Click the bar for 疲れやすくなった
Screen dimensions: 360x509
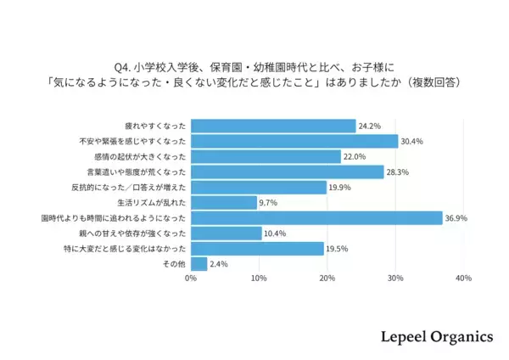coord(273,126)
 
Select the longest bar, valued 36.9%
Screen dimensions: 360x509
coord(316,218)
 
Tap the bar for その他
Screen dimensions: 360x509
coord(199,264)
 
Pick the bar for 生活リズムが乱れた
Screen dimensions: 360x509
coord(223,203)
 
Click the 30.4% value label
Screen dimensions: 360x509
coord(412,142)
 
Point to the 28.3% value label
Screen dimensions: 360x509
coord(398,172)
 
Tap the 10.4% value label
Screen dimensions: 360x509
coord(276,233)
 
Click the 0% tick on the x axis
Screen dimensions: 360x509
coord(191,278)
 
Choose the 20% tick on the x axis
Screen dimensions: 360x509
coord(327,278)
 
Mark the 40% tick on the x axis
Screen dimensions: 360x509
coord(463,278)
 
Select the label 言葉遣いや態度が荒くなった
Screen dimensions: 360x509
coord(134,172)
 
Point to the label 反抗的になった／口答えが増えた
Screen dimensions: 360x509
coord(130,188)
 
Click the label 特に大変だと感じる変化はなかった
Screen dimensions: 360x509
coord(126,249)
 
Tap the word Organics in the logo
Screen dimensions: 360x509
coord(450,336)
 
